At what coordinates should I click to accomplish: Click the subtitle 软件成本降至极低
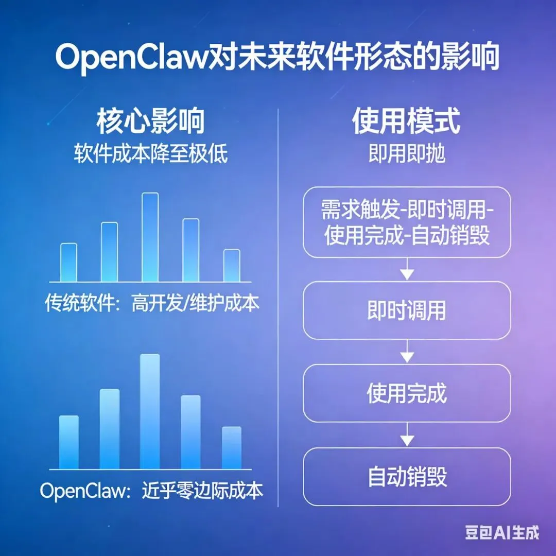tap(150, 154)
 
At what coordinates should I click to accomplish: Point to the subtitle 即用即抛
tap(406, 154)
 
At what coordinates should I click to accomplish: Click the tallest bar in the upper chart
tap(150, 237)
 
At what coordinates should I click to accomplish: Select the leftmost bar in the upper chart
tap(68, 262)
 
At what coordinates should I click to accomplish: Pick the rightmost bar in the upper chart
tap(232, 265)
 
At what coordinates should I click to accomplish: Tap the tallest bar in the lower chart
tap(150, 411)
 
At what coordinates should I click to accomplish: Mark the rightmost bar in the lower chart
tap(232, 447)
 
